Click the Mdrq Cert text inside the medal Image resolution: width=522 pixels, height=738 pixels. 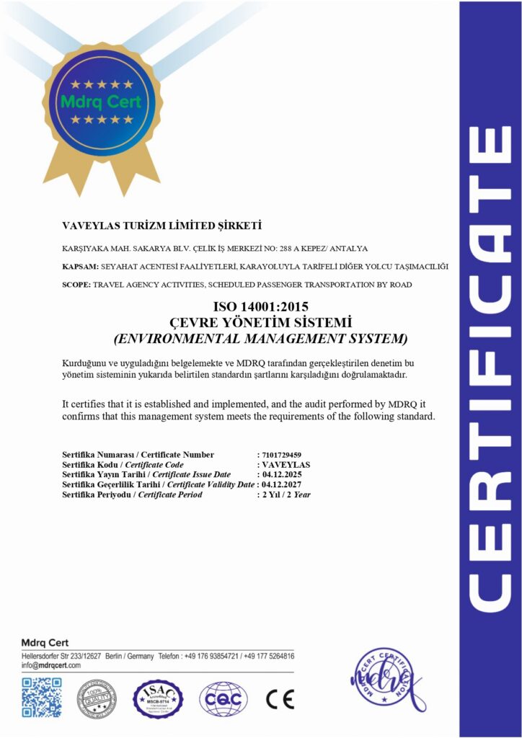click(x=101, y=102)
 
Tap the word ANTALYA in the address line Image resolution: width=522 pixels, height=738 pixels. click(x=348, y=249)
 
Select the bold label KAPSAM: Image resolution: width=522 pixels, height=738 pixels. click(x=80, y=267)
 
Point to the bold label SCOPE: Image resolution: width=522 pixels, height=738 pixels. click(x=77, y=285)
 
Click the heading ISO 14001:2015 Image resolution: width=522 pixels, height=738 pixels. click(x=260, y=308)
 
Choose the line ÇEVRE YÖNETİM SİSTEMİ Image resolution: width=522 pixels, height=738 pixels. click(x=260, y=322)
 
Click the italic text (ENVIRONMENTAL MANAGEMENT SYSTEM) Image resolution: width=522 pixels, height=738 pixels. click(x=260, y=337)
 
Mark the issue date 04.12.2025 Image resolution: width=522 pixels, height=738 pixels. click(x=281, y=475)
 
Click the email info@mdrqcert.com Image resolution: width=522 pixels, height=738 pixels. click(x=50, y=666)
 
